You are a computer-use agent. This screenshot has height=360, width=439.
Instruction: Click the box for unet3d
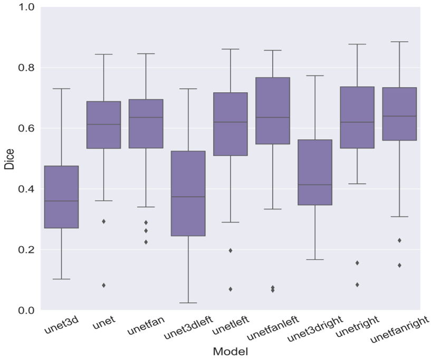pyautogui.click(x=61, y=197)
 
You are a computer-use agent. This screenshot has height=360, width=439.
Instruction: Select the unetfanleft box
pyautogui.click(x=273, y=111)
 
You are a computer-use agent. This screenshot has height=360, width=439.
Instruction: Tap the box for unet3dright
pyautogui.click(x=315, y=172)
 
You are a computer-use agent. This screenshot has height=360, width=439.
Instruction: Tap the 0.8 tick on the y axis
pyautogui.click(x=25, y=68)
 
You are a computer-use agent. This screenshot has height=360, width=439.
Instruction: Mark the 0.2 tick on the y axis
pyautogui.click(x=25, y=249)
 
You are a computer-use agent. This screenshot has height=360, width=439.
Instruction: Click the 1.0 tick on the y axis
pyautogui.click(x=25, y=7)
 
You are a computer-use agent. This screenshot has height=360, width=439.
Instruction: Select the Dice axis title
pyautogui.click(x=9, y=159)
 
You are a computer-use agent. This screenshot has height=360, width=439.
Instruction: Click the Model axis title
pyautogui.click(x=230, y=351)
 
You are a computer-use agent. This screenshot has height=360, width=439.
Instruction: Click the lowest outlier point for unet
pyautogui.click(x=103, y=285)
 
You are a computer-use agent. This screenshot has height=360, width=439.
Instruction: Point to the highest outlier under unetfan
pyautogui.click(x=146, y=222)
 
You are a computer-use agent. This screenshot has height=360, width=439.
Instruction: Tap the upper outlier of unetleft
pyautogui.click(x=231, y=250)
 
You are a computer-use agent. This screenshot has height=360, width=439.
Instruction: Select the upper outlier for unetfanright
pyautogui.click(x=399, y=240)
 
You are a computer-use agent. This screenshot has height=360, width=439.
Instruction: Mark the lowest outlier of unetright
pyautogui.click(x=357, y=285)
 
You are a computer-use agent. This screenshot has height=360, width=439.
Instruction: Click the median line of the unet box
pyautogui.click(x=103, y=124)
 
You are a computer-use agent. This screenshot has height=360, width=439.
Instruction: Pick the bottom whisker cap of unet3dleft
pyautogui.click(x=188, y=303)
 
